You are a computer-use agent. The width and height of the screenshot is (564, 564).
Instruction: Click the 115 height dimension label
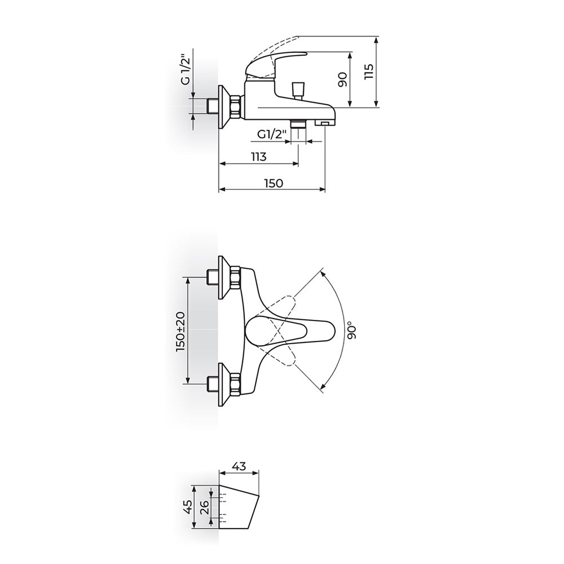(369, 72)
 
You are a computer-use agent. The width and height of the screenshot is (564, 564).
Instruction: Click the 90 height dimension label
(342, 80)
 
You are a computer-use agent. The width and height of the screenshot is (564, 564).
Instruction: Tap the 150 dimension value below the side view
(274, 183)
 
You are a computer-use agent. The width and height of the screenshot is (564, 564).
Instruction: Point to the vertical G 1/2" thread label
(186, 69)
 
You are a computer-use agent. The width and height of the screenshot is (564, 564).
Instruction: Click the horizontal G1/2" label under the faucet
(272, 135)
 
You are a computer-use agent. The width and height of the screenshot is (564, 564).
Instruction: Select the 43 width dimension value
(239, 466)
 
